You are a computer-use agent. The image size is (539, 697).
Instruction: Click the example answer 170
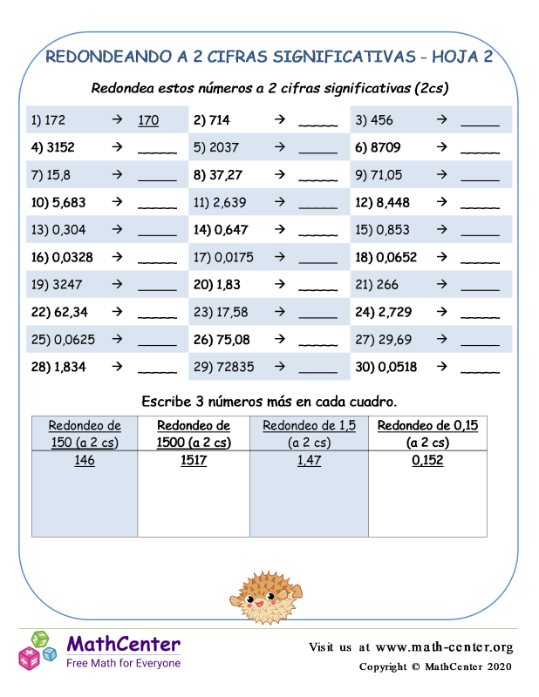coord(148,120)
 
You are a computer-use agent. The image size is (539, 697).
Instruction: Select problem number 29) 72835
coord(224,367)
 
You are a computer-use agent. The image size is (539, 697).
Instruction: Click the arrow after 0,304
coord(117,230)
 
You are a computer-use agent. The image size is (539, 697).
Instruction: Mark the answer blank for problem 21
coord(480,286)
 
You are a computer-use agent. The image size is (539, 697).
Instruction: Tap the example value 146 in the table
coord(85,460)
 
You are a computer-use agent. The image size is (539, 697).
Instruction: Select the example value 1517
coord(193,460)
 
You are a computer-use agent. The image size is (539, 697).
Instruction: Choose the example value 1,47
coord(309,460)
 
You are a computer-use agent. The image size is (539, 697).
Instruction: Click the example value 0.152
coord(427,460)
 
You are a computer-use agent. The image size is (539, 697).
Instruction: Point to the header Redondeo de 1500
coord(194,434)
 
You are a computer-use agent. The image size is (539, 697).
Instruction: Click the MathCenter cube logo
coord(38,650)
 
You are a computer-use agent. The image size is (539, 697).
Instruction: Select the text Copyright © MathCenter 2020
coord(436,667)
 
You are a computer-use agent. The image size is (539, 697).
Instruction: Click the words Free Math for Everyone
coord(124,664)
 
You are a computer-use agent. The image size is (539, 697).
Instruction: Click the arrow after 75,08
coord(279,339)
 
